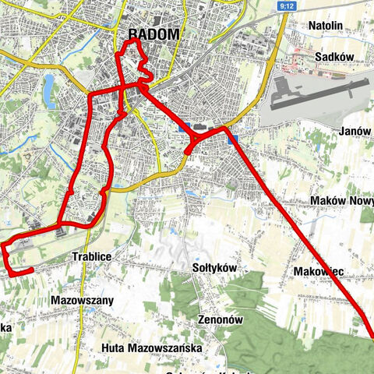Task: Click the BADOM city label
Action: click(152, 34)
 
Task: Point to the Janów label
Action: click(355, 131)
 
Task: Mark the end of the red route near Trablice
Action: click(31, 270)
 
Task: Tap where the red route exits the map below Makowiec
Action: click(371, 335)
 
